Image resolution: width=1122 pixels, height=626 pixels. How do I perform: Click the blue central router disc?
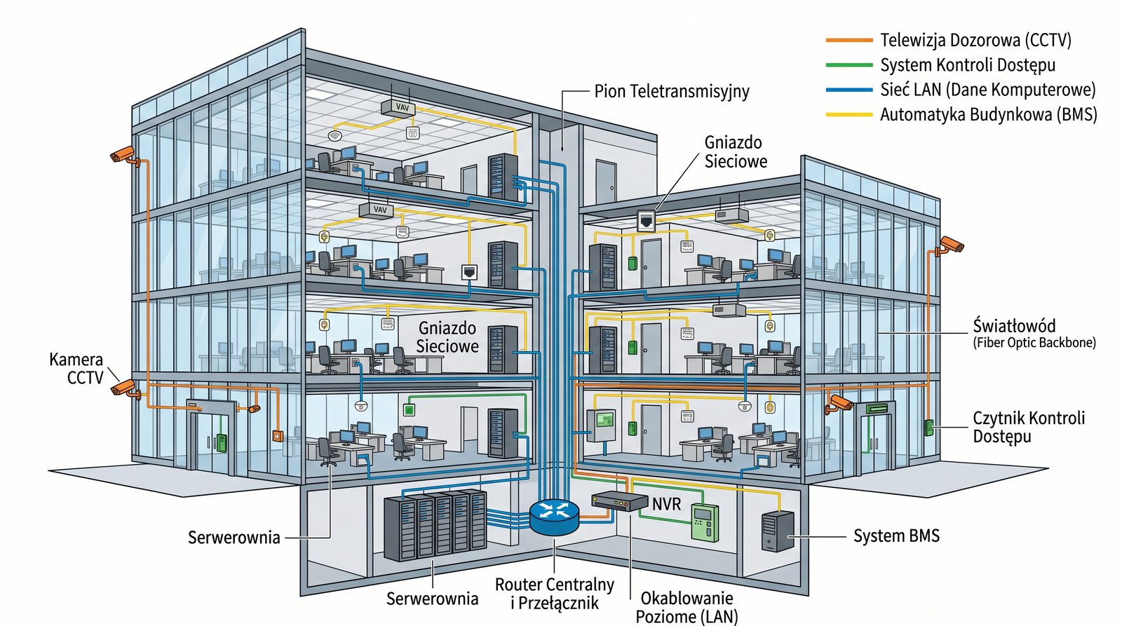point(554,517)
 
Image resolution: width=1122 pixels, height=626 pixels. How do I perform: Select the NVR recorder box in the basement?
point(619,501)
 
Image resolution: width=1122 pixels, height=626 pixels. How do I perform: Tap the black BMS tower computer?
point(778,531)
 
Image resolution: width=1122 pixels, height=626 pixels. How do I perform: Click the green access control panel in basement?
point(705,522)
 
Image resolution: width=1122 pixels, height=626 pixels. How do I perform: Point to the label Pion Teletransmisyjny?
point(671,91)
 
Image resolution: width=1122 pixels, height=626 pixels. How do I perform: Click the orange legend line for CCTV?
point(849,41)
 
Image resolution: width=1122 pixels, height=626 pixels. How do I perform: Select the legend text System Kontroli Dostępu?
point(968,65)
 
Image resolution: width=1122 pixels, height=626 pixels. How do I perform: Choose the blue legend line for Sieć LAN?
point(849,90)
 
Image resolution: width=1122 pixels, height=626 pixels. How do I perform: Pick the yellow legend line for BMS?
point(849,114)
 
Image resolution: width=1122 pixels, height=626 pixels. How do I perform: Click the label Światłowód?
point(1013,326)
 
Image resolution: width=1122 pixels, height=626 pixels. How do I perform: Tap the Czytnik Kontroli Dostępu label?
point(1028,427)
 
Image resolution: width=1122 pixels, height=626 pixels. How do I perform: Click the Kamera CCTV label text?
point(76,369)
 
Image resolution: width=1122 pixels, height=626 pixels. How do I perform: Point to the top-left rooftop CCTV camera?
point(124,156)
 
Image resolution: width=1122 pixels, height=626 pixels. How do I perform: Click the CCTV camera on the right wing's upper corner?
point(951,245)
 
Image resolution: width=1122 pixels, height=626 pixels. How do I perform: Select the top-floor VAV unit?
point(398,107)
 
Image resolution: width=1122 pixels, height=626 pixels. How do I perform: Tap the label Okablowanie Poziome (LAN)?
point(687,607)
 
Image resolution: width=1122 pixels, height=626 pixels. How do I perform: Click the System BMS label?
point(895,536)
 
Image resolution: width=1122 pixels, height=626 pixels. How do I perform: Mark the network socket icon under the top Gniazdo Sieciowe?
point(646,220)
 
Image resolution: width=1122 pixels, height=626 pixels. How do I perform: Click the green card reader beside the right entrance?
point(929,427)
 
